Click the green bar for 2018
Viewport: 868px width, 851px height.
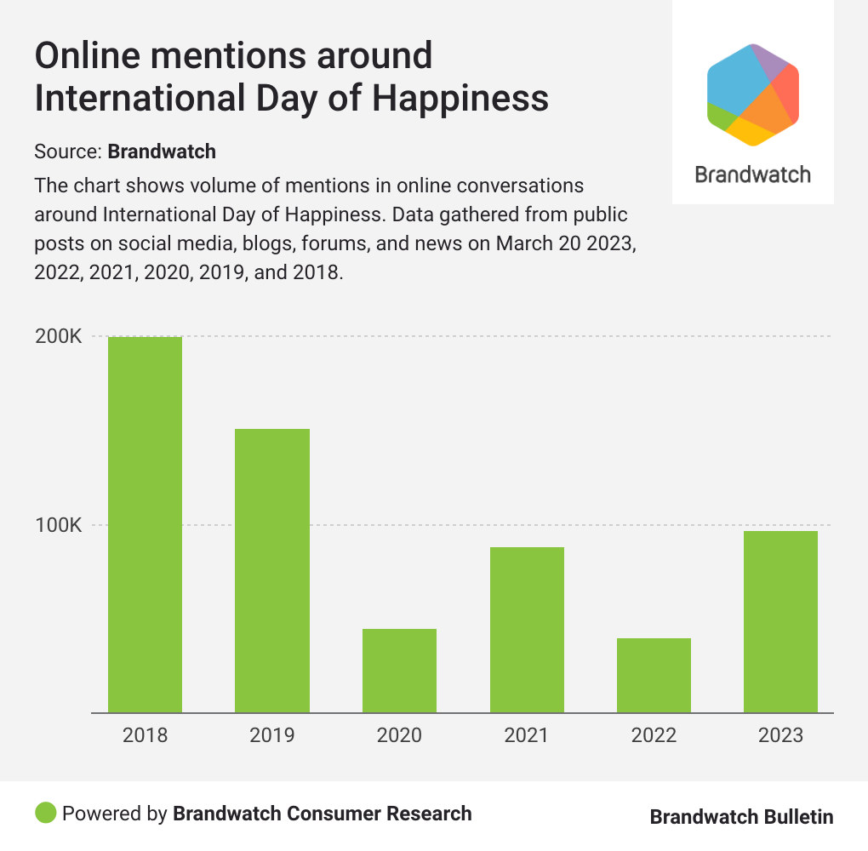coord(145,524)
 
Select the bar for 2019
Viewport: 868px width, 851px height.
coord(272,570)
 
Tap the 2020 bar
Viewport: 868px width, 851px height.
coord(399,671)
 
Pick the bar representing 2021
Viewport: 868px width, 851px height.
coord(527,630)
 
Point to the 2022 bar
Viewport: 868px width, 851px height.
coord(654,675)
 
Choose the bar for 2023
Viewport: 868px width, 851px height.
coord(780,621)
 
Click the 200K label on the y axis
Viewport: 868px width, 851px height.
coord(58,337)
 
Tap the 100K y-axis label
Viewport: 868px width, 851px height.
coord(58,525)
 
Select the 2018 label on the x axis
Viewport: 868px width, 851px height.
coord(145,735)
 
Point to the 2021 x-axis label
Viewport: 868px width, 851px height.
coord(527,735)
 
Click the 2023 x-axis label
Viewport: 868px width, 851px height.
coord(780,735)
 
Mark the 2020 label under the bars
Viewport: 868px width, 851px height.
coord(399,735)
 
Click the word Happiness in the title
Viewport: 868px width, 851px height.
coord(460,99)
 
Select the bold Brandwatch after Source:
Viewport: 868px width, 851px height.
coord(162,152)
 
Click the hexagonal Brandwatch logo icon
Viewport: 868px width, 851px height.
coord(753,94)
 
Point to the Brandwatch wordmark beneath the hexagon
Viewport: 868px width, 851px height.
coord(753,174)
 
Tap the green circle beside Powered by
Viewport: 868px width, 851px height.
coord(46,813)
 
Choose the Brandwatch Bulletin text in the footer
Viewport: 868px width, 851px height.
coord(741,817)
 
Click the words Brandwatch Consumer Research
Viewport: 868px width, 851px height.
coord(323,813)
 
